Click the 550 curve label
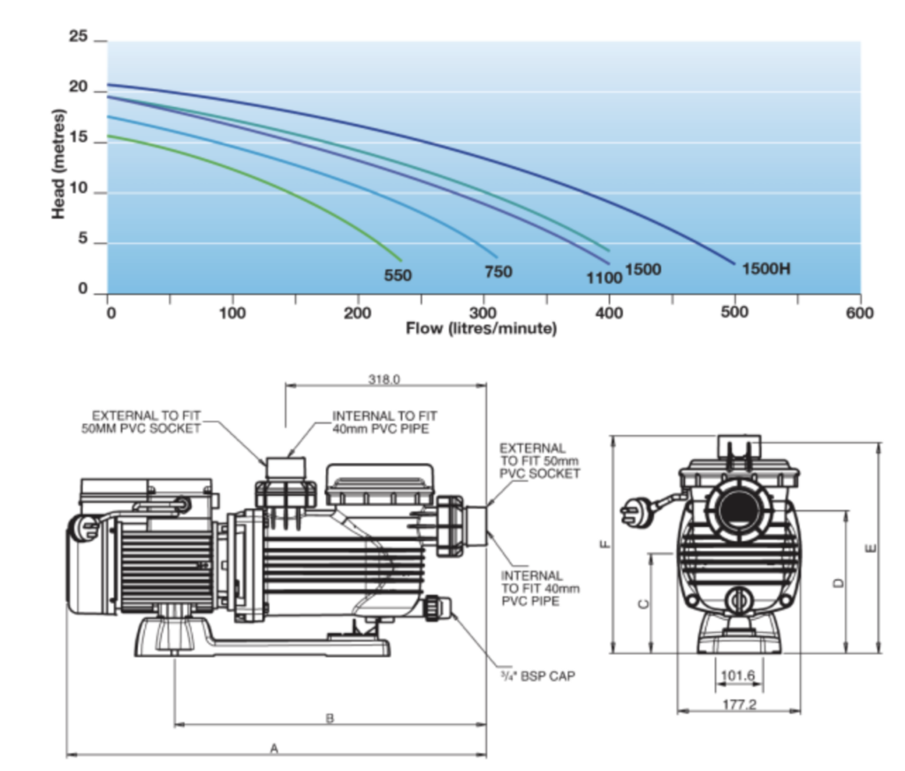coord(398,275)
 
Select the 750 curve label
coord(498,271)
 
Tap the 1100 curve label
coord(605,278)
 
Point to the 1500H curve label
coord(766,267)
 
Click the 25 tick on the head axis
coord(79,38)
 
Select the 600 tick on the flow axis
coord(859,312)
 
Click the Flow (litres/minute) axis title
coord(482,329)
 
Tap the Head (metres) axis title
coord(58,164)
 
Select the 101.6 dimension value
coord(738,676)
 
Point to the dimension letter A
coord(275,748)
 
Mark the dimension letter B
coord(330,719)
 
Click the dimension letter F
coord(604,545)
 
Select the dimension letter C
coord(643,603)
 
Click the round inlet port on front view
coord(737,509)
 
